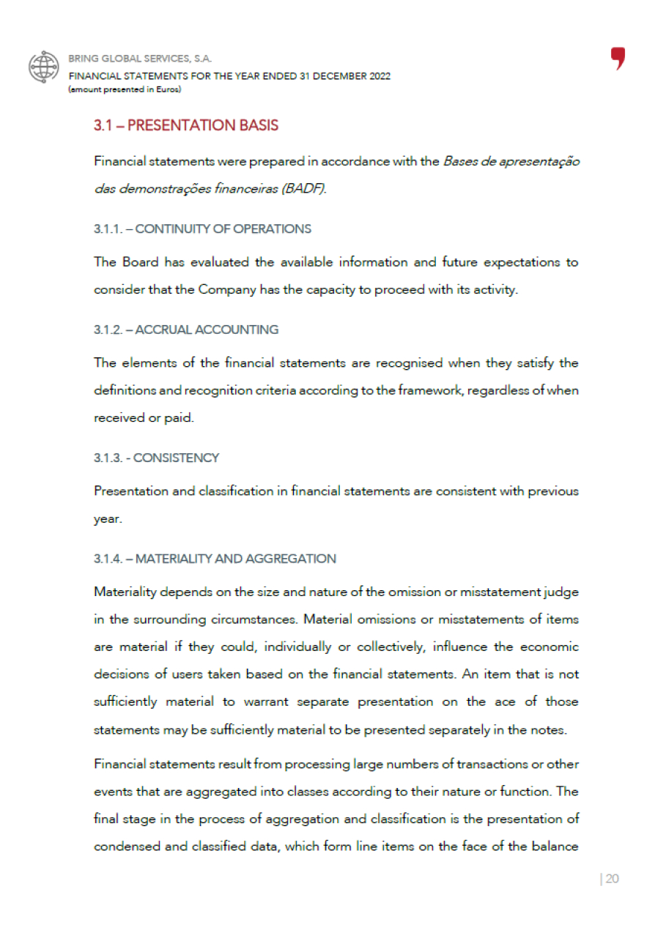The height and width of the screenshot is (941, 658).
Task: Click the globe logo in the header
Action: (x=43, y=66)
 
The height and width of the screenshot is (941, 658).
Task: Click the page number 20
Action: (x=612, y=879)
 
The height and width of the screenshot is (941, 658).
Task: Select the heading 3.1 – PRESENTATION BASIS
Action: (x=186, y=125)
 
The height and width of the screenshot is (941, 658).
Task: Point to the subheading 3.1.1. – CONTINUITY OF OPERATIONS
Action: (x=202, y=228)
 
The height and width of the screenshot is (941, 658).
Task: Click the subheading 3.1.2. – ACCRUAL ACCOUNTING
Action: (x=186, y=330)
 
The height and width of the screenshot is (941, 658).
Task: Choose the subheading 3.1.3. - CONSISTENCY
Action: (x=156, y=458)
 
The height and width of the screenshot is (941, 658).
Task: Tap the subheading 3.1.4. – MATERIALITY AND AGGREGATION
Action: (x=215, y=559)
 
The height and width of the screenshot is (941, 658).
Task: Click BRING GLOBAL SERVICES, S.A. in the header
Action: (x=140, y=59)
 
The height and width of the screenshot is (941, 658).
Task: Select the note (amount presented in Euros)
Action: (x=124, y=89)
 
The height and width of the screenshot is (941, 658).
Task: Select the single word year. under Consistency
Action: (x=108, y=519)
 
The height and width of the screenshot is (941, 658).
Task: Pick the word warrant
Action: (x=260, y=702)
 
